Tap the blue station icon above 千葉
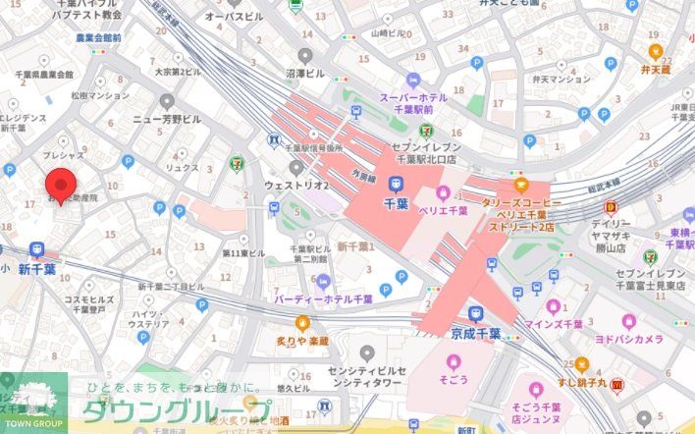pos(395,183)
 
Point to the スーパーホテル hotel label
pos(419,97)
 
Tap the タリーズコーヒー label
pos(520,202)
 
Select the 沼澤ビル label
pos(304,73)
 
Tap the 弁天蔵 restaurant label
pos(654,70)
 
